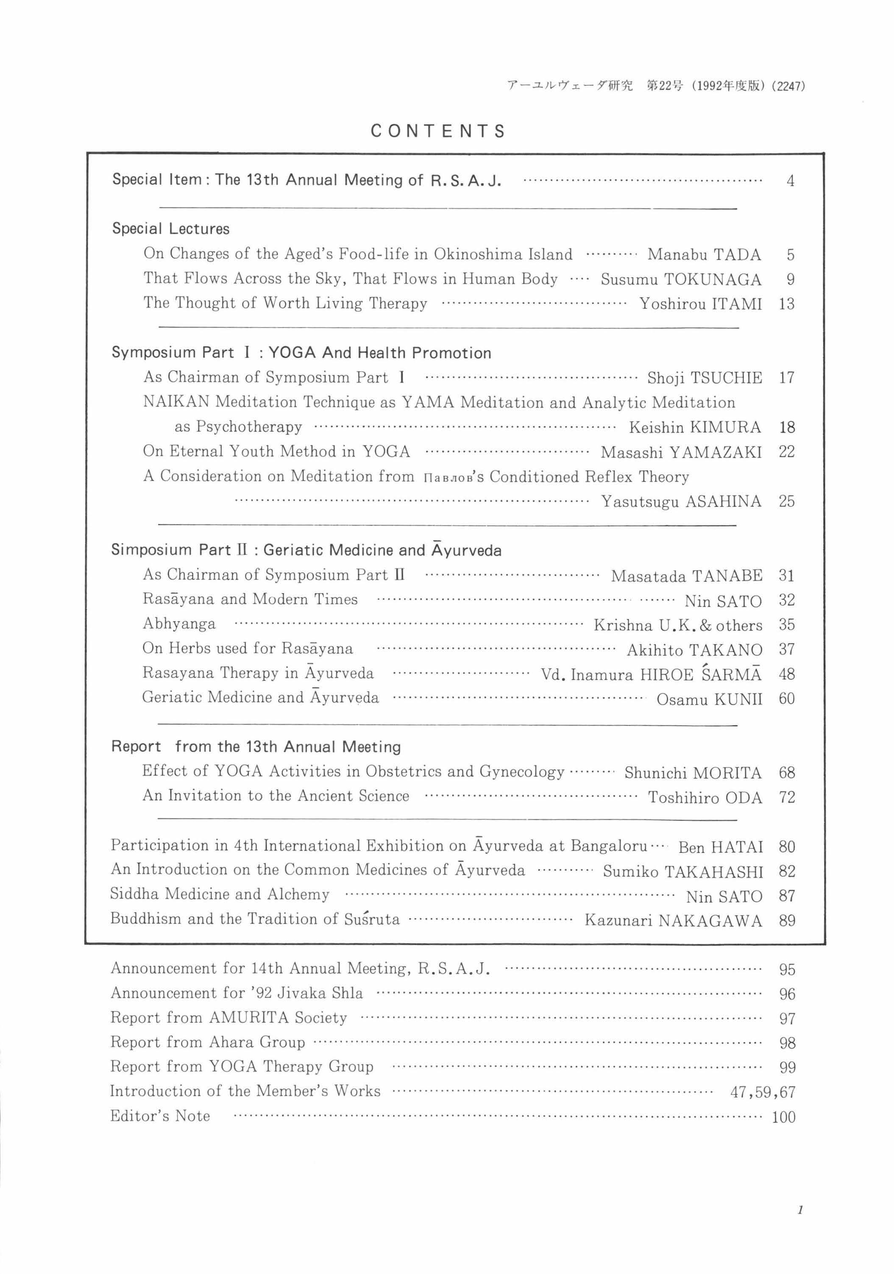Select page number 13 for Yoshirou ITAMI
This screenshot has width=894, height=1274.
coord(786,304)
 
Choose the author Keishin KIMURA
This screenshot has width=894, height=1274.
coord(695,427)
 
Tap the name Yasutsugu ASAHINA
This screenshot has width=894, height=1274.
coord(681,501)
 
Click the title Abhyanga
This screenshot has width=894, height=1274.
coord(178,624)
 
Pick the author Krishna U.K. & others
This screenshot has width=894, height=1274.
coord(678,625)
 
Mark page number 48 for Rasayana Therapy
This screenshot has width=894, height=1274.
coord(786,674)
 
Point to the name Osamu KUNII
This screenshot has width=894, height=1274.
coord(709,699)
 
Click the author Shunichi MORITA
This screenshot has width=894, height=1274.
coord(693,773)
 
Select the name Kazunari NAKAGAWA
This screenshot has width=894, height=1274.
coord(673,921)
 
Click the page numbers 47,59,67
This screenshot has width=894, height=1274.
coord(763,1092)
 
